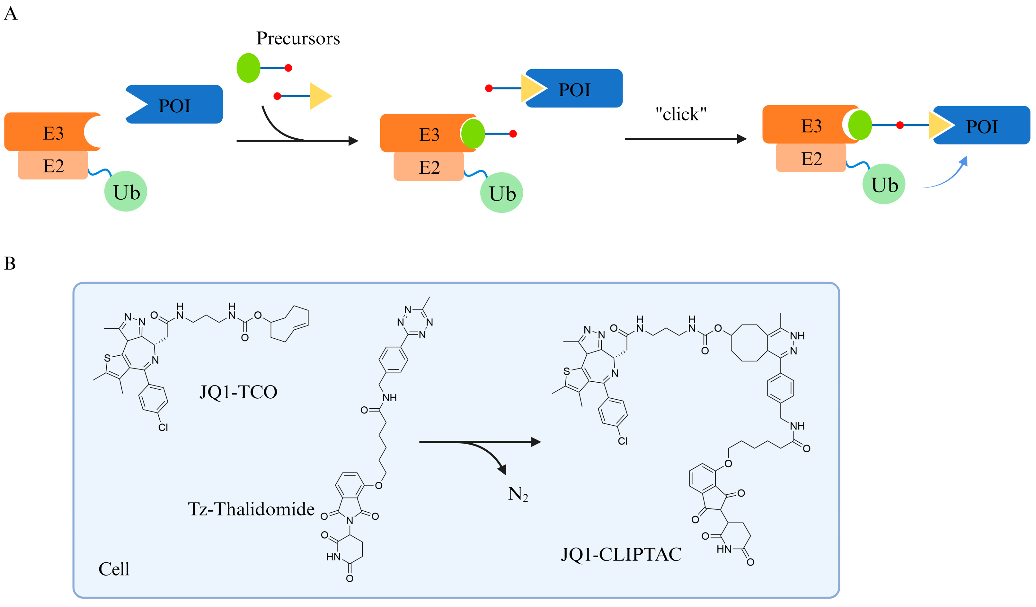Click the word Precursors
[x=298, y=38]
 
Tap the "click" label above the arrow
[x=681, y=114]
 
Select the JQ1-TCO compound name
[x=238, y=392]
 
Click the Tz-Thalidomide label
[x=251, y=509]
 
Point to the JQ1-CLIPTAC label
[x=621, y=554]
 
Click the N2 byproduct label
[x=517, y=494]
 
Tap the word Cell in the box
[x=114, y=569]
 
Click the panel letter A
[x=10, y=13]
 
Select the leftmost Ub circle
[x=126, y=192]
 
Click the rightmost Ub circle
[x=884, y=184]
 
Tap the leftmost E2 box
[x=53, y=165]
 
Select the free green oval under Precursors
[x=248, y=68]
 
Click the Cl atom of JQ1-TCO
[x=163, y=428]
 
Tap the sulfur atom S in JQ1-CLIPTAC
[x=567, y=371]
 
